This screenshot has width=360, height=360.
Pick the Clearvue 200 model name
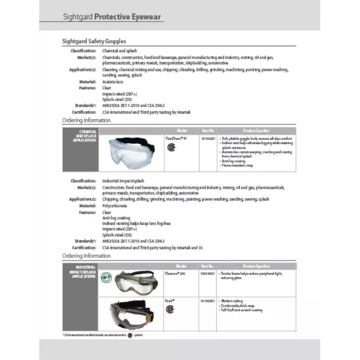point(175,274)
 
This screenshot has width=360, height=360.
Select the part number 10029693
point(207,274)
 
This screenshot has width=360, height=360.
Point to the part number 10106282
point(207,301)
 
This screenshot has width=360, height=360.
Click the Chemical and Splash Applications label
point(81,136)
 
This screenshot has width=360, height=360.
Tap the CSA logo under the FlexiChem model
point(170,147)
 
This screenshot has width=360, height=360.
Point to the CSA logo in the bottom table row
point(170,309)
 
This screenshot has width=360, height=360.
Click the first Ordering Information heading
point(86,120)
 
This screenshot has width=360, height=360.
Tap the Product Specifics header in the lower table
point(256,266)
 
